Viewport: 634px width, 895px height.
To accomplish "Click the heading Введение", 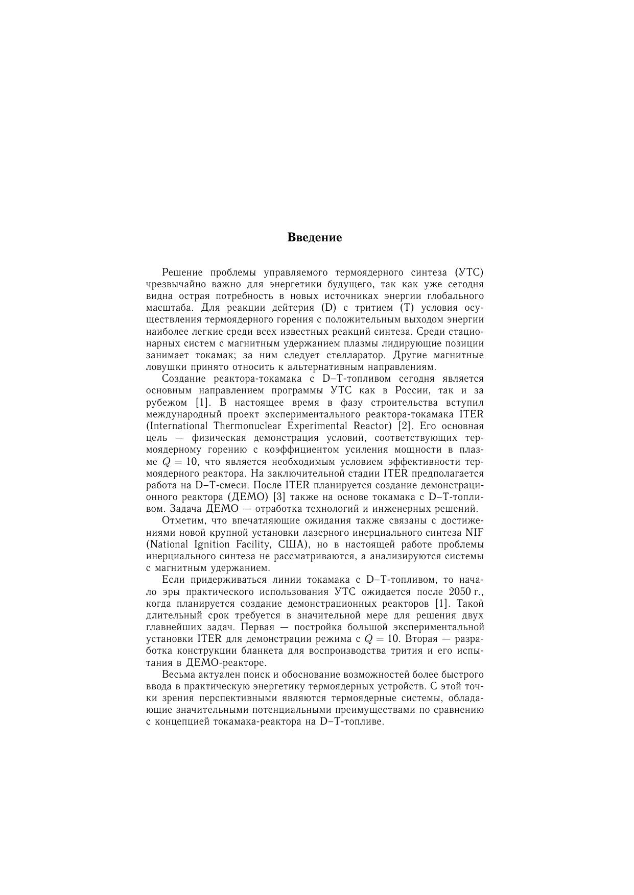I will coord(314,237).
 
